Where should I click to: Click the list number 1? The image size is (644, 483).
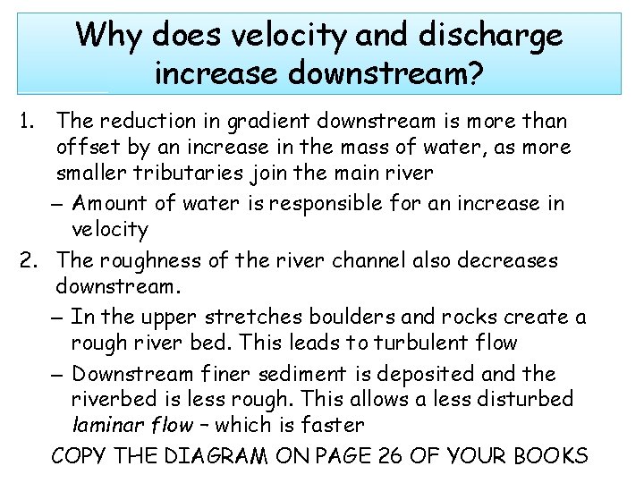25,121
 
